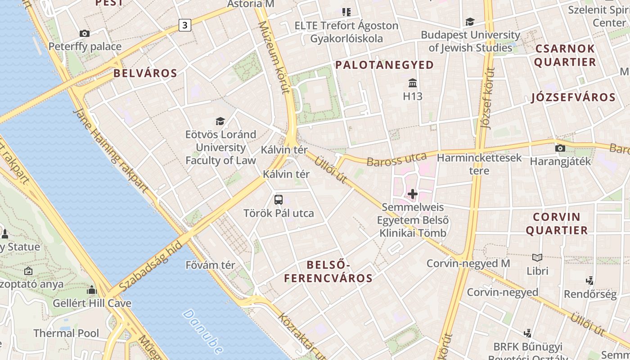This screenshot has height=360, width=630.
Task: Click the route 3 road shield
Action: pos(184,25)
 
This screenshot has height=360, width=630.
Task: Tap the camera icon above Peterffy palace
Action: pos(84,33)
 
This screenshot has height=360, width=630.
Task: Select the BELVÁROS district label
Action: pos(145,73)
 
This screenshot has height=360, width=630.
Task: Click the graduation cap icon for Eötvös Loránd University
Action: pos(220,121)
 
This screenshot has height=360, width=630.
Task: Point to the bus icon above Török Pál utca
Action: pos(279,199)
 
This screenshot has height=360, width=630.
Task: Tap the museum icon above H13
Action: pos(412,83)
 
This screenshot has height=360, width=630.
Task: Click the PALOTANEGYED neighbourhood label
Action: pos(385,65)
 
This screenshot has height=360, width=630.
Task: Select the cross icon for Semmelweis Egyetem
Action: pos(412,194)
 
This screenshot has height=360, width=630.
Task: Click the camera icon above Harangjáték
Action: pos(560,148)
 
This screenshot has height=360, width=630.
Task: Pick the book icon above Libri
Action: pos(537,257)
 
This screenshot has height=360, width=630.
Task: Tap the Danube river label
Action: pos(203,331)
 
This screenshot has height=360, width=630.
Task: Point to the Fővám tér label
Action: pos(210,265)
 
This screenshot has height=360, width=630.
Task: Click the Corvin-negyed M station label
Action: pos(468,263)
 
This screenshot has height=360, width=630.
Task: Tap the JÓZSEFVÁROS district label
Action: pos(573,97)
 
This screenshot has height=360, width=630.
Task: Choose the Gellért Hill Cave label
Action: pos(92,303)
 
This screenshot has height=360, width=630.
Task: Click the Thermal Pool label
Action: pos(66,333)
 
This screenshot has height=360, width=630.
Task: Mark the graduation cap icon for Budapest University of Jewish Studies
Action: pos(470,22)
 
